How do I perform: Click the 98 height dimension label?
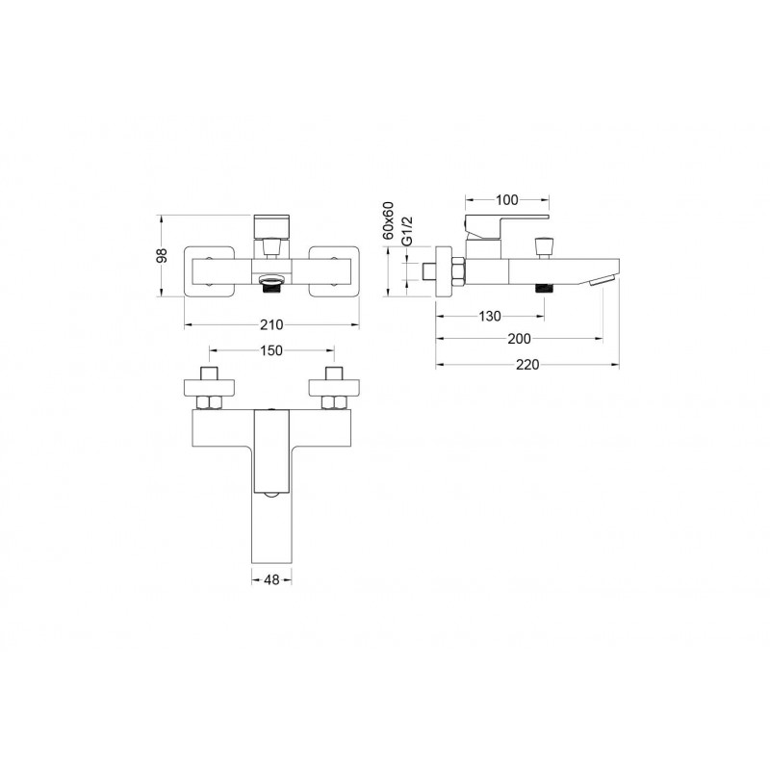point(162,256)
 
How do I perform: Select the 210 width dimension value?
point(271,325)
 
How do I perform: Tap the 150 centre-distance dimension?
point(271,350)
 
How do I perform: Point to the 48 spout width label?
point(271,580)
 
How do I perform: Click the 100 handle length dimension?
point(507,200)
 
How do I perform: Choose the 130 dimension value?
point(490,317)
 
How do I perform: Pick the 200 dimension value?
point(519,339)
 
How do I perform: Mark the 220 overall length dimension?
point(526,365)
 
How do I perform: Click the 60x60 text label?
point(389,220)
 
